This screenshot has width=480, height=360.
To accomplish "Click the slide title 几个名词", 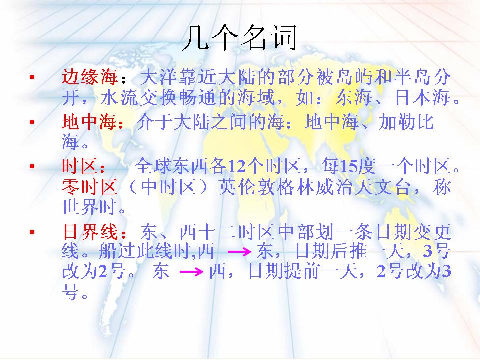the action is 240,38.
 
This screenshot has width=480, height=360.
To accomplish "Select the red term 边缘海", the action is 90,77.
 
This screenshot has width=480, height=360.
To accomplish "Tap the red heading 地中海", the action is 89,122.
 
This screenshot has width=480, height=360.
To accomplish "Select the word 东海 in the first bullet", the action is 353,97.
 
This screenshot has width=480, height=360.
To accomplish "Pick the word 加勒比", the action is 406,122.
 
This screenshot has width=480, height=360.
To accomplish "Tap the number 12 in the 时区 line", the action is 237,166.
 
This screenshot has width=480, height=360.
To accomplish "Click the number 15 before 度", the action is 348,166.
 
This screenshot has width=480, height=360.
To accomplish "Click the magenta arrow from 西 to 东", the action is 239,252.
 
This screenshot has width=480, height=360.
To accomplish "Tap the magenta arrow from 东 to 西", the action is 191,271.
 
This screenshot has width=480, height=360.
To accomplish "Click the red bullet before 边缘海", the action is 32,77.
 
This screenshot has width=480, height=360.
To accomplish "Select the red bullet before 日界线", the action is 32,232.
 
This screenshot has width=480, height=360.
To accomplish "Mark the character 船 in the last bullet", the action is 108,251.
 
